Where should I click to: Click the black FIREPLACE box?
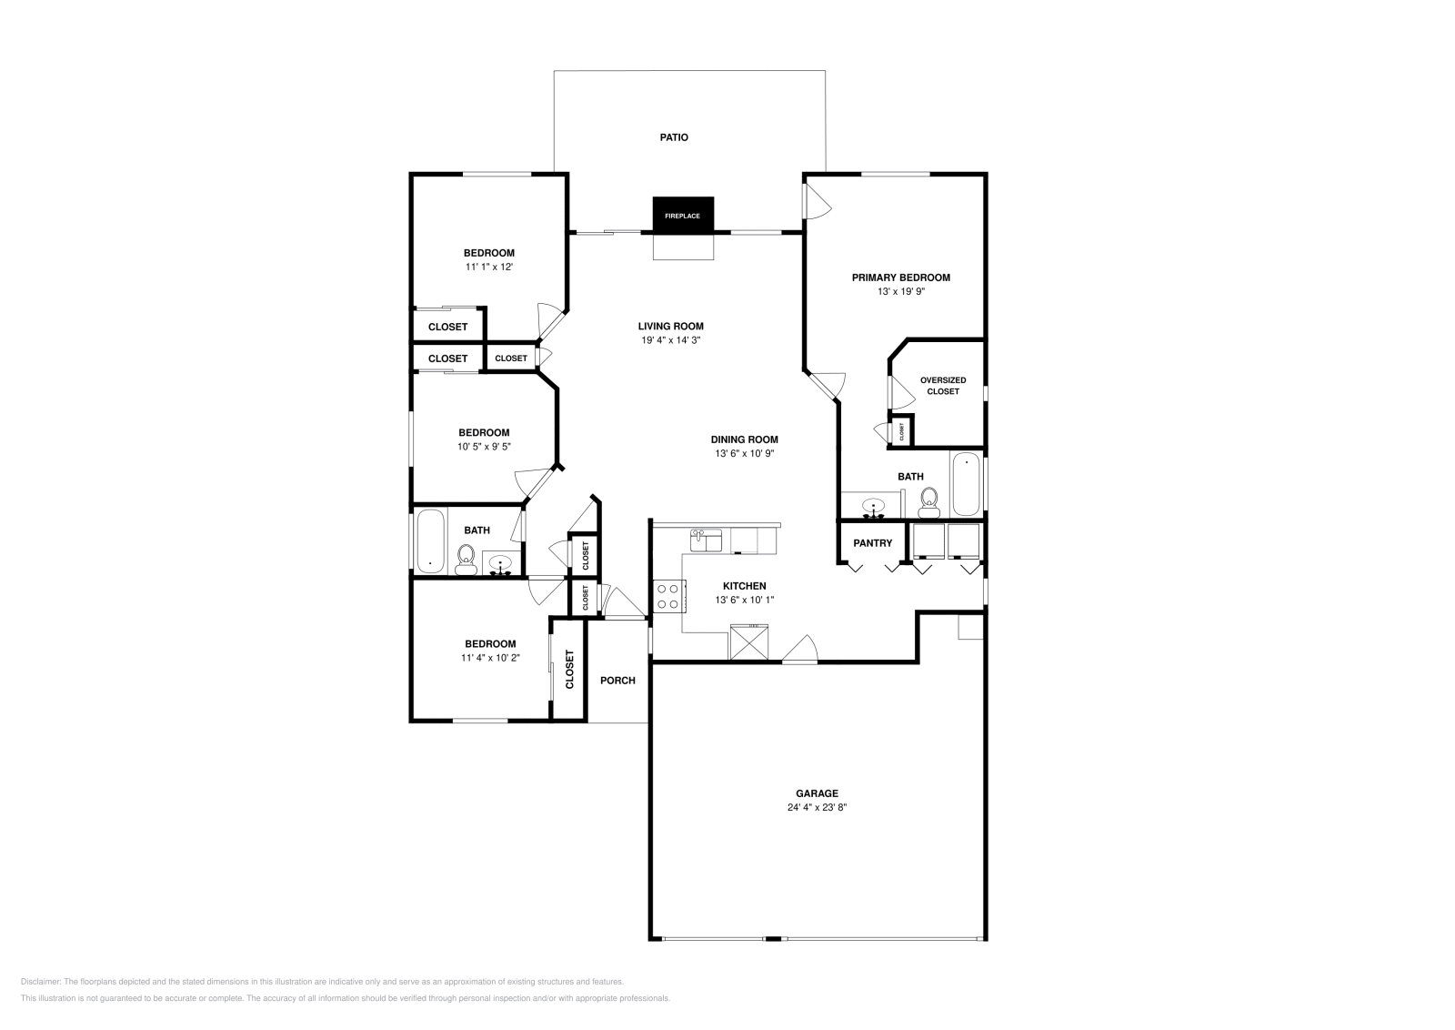coord(683,215)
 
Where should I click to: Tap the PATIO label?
coord(674,137)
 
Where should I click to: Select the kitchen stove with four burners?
coord(669,596)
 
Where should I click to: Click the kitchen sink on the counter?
coord(706,540)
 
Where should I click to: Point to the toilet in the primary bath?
coord(929,503)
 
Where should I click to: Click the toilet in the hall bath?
coord(466,560)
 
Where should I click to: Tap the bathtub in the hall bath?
coord(430,541)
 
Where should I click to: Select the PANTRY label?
coord(872,542)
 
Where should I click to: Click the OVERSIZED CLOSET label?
coord(943,386)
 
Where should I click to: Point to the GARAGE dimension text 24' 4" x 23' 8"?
coord(818,807)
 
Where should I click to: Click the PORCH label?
coord(617,681)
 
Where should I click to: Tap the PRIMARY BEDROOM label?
coord(901,278)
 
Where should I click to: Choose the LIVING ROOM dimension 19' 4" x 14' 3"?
coord(671,340)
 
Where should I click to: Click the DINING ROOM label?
coord(745,439)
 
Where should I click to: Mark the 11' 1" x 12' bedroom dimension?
coord(489,267)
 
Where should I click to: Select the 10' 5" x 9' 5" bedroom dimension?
coord(484,447)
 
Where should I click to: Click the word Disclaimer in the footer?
coord(40,982)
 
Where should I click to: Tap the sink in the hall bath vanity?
coord(501,562)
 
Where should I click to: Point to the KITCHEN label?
coord(745,585)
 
